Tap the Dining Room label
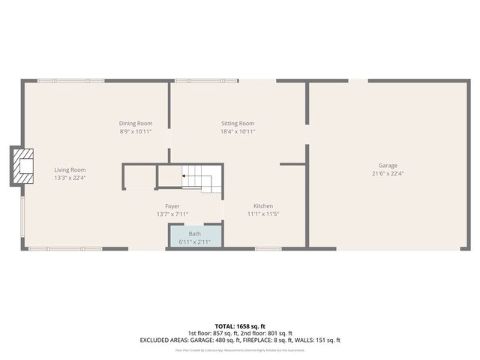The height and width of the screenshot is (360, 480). point(136,123)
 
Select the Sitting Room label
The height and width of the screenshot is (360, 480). point(238,123)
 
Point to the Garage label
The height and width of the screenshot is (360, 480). point(388,166)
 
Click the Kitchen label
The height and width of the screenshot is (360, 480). point(262,205)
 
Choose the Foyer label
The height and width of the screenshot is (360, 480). point(172,205)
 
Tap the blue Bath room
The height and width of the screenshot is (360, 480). point(195,237)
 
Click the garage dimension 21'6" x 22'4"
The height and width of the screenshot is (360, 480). point(388,173)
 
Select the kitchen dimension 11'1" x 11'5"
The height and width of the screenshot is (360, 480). point(262,214)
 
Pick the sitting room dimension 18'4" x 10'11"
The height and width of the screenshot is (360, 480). point(238,131)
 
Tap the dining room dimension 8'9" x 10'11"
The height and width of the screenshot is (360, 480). point(136,131)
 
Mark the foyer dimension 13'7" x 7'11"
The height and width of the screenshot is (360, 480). point(172,214)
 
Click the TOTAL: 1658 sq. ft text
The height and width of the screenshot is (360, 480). point(239,326)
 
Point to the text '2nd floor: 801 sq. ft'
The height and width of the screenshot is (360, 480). point(264,333)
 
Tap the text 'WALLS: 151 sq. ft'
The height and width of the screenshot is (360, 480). point(318,340)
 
